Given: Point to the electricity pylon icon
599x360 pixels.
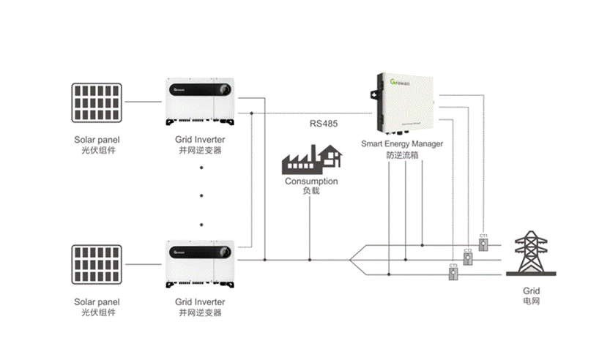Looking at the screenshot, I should point(532,258).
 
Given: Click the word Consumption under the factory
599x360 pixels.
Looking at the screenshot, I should point(311,181).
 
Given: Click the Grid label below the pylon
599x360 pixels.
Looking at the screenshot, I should point(532,291).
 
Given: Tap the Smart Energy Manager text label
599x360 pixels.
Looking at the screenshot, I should point(402,144).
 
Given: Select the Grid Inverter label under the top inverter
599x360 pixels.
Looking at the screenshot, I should point(200,139).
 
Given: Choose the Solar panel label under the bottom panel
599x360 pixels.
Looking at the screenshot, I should point(97,301).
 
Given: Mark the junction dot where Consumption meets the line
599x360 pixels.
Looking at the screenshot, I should point(311,259).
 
